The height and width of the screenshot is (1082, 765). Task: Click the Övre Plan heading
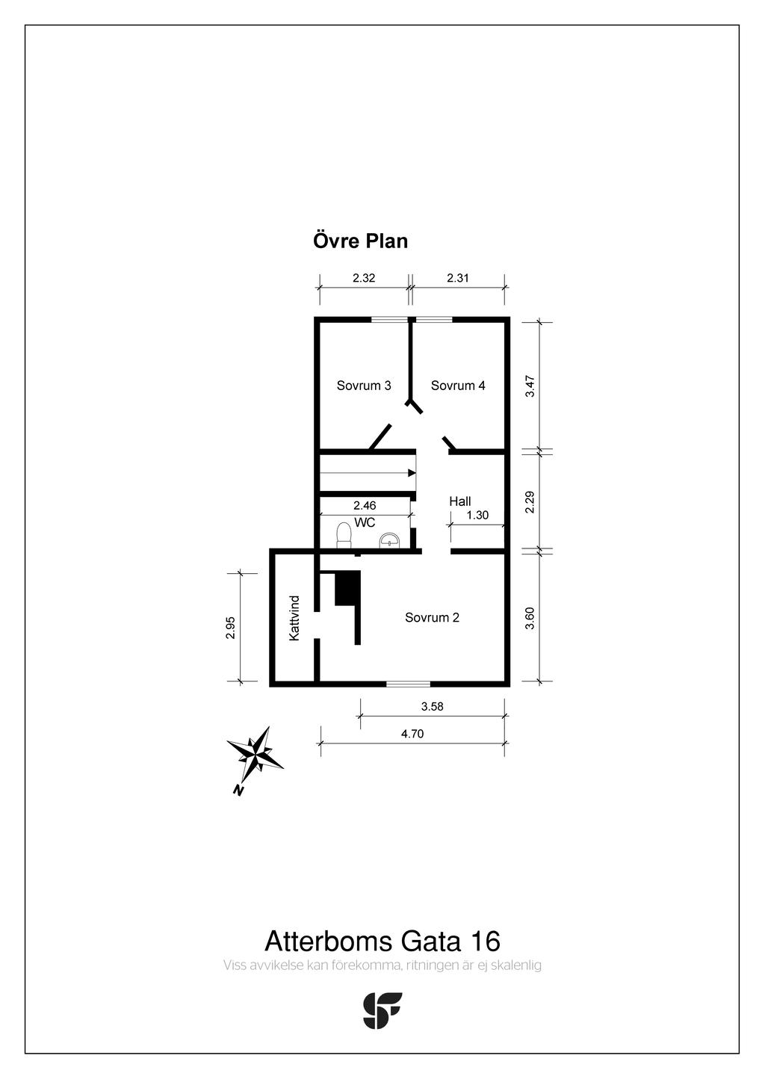[360, 241]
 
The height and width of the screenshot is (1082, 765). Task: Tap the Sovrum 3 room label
[364, 386]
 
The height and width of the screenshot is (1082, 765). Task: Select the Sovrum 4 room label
[458, 386]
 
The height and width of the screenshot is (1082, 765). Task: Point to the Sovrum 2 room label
[432, 617]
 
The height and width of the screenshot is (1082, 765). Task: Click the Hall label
[460, 501]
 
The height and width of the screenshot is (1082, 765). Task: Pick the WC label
[365, 522]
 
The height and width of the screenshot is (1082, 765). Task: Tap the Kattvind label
[294, 618]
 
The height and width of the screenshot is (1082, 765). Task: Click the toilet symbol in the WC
[344, 535]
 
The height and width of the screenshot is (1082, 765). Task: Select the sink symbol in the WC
[390, 540]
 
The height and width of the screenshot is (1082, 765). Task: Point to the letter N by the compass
[238, 790]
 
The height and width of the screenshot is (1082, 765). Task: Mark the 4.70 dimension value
[412, 734]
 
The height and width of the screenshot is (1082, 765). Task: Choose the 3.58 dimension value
[433, 706]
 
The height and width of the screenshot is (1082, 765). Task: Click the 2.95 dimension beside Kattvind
[231, 628]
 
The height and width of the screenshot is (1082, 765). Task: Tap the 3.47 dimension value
[530, 386]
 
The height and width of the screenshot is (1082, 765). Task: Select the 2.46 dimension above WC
[365, 506]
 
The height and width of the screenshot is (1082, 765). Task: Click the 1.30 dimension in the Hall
[477, 515]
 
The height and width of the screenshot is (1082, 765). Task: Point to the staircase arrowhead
[412, 473]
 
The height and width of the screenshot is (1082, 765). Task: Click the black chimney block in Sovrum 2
[347, 588]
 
